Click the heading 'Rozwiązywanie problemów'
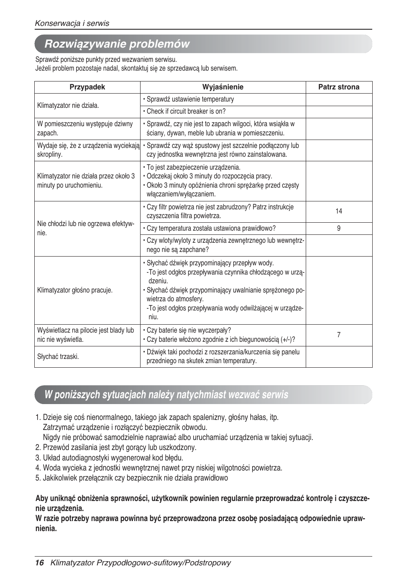pyautogui.click(x=117, y=44)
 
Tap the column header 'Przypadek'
pyautogui.click(x=87, y=87)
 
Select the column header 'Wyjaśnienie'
pyautogui.click(x=223, y=87)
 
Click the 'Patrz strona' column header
pyautogui.click(x=338, y=87)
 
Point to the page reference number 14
pyautogui.click(x=339, y=211)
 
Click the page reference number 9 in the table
pyautogui.click(x=339, y=229)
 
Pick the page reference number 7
pyautogui.click(x=339, y=335)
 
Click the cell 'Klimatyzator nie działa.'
pyautogui.click(x=68, y=106)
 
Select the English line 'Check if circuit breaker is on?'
pyautogui.click(x=186, y=112)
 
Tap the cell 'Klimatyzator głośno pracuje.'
pyautogui.click(x=75, y=290)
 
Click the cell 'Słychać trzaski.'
pyautogui.click(x=58, y=357)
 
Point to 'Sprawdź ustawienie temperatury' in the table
pyautogui.click(x=190, y=99)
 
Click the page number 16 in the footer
pyautogui.click(x=39, y=563)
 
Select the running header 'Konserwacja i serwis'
pyautogui.click(x=72, y=23)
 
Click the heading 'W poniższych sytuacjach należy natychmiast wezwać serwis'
pyautogui.click(x=166, y=395)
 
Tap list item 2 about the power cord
pyautogui.click(x=116, y=448)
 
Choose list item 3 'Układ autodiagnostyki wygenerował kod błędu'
pyautogui.click(x=109, y=458)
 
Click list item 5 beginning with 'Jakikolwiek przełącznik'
pyautogui.click(x=132, y=478)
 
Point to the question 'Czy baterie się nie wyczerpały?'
pyautogui.click(x=189, y=331)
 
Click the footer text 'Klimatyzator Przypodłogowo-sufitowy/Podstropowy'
pyautogui.click(x=141, y=563)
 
